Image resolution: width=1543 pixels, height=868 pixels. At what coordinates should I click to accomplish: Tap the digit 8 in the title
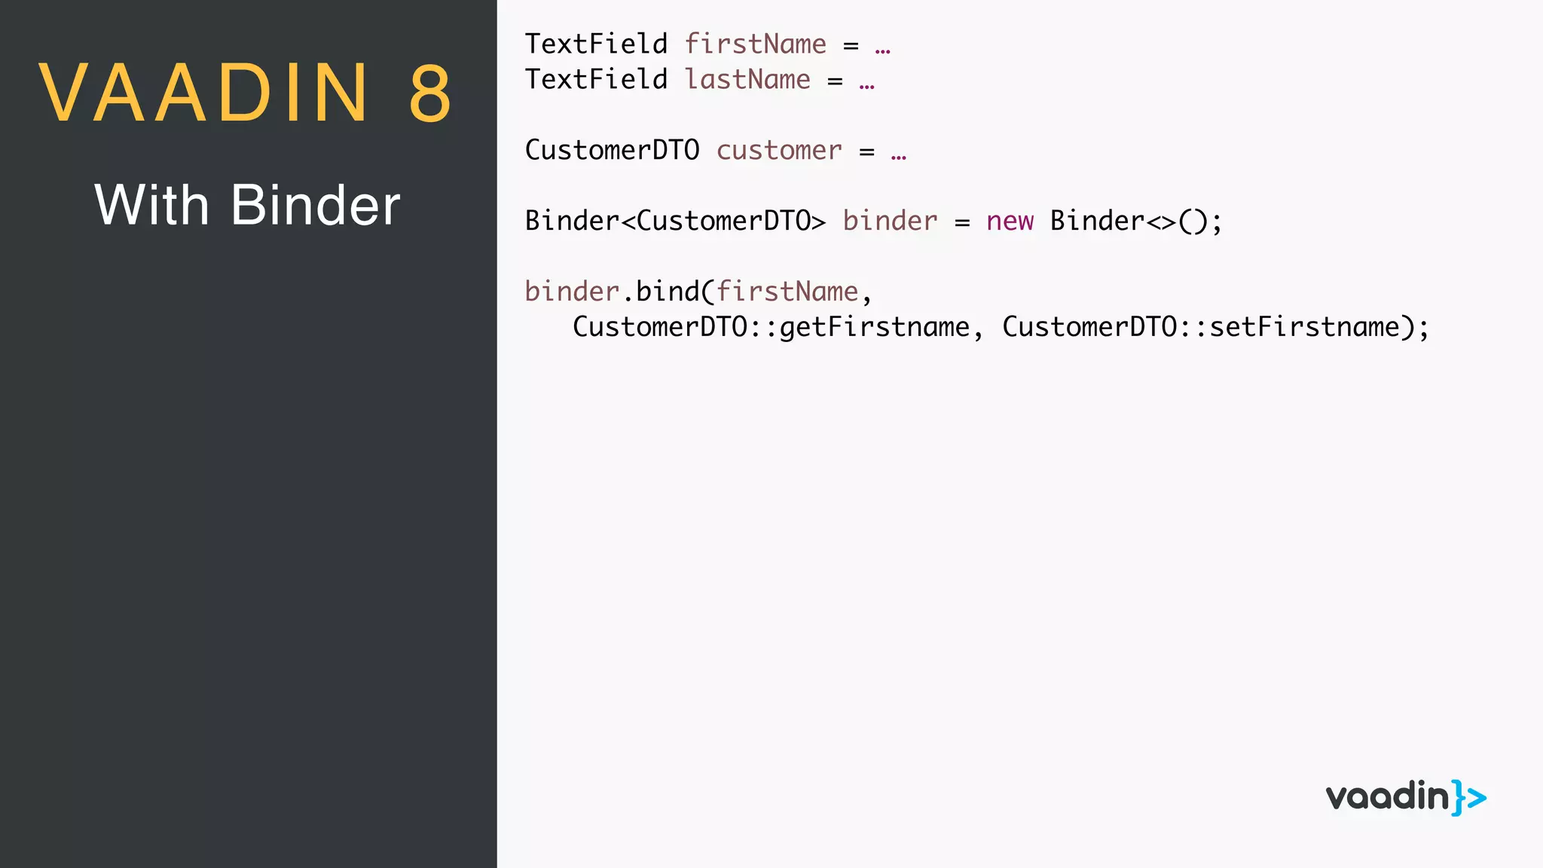tap(431, 93)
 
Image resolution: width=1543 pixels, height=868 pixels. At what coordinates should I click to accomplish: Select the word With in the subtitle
tap(151, 205)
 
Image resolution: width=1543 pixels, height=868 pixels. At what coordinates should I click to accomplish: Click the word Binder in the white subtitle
tap(316, 205)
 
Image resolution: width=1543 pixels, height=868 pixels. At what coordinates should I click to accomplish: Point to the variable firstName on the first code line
tap(755, 44)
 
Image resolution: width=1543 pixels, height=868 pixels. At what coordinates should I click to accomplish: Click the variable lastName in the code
tap(747, 79)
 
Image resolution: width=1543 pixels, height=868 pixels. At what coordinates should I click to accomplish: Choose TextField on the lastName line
tap(596, 79)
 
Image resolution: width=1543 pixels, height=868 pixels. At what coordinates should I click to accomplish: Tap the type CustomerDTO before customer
tap(612, 150)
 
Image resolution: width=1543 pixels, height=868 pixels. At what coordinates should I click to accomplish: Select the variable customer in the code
tap(779, 150)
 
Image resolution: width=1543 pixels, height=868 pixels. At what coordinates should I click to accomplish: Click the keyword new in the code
tap(1010, 221)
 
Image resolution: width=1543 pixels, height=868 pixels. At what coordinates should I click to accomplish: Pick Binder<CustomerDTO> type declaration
tap(675, 221)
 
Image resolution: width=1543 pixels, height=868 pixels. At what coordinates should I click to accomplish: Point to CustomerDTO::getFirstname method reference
tap(771, 327)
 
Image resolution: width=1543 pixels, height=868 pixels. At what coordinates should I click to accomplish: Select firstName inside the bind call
tap(787, 292)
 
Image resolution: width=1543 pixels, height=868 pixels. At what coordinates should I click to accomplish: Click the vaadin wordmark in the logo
tap(1387, 797)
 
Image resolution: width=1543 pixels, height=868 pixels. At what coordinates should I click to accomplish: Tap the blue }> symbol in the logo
tap(1469, 797)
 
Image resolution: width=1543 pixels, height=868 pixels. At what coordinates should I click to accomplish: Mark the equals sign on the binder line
tap(962, 222)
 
